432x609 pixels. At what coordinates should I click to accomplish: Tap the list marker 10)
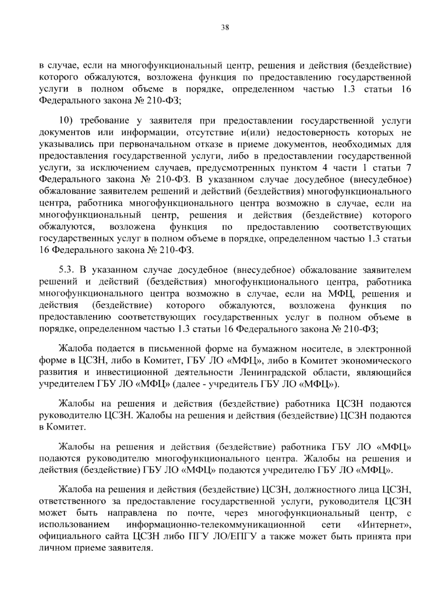pyautogui.click(x=67, y=121)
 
